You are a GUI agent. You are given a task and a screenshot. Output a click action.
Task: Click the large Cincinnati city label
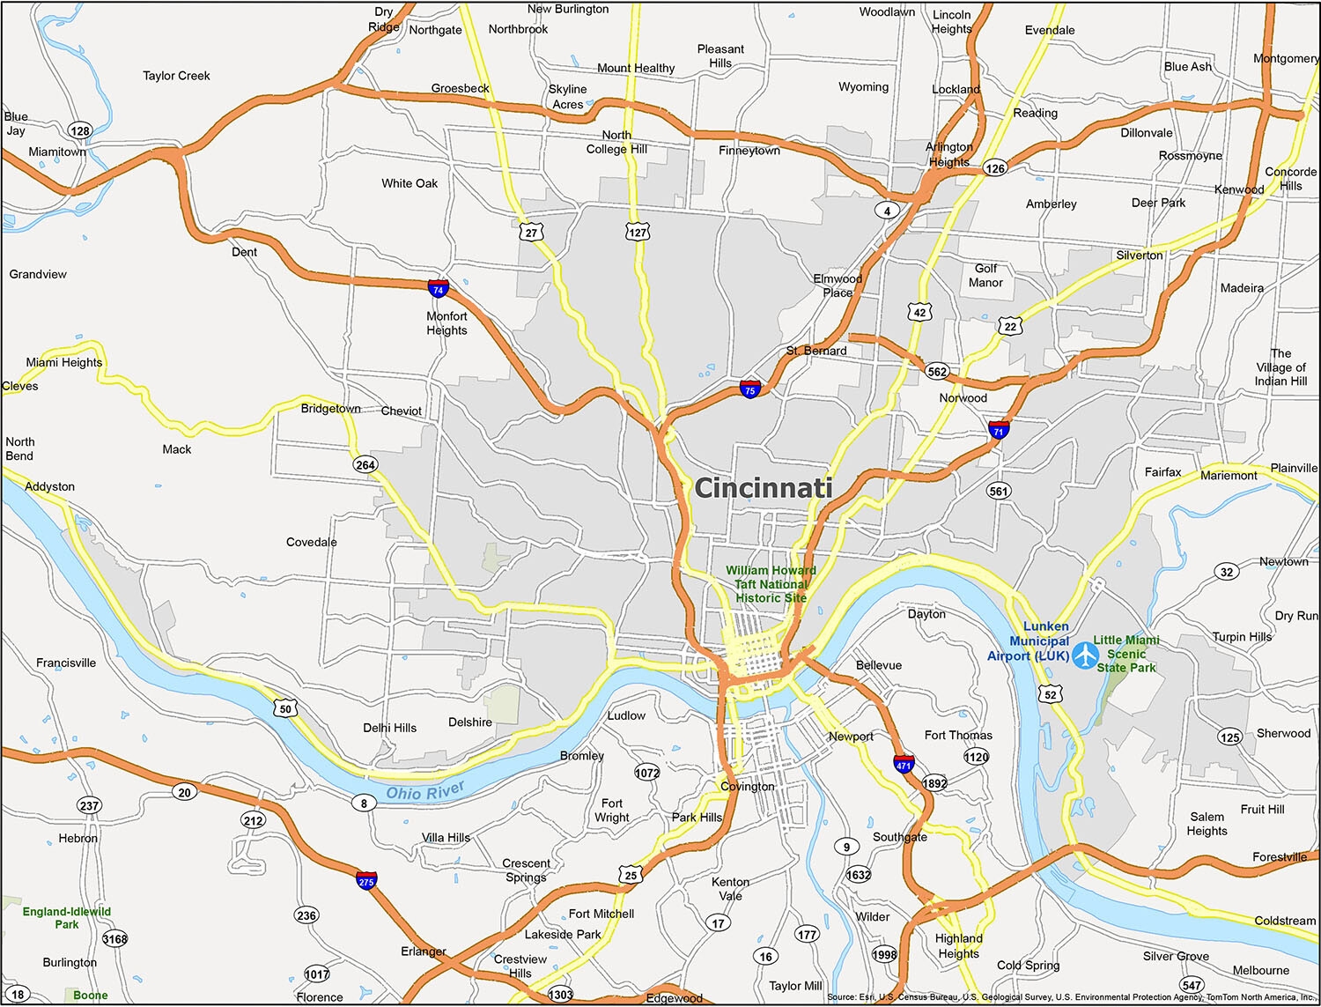click(763, 488)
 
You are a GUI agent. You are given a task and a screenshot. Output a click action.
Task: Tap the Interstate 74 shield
click(438, 288)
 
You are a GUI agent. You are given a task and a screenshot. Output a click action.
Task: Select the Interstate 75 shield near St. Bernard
click(749, 389)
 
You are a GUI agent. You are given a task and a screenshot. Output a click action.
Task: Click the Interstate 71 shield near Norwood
click(998, 430)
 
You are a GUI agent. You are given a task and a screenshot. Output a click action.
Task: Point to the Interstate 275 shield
click(366, 880)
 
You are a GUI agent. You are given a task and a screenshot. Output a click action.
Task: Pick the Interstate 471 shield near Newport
click(904, 763)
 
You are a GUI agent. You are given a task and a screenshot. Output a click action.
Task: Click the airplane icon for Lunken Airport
click(1085, 655)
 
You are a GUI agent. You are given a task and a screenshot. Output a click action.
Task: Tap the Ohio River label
click(424, 792)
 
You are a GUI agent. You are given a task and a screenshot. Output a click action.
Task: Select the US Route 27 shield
click(531, 233)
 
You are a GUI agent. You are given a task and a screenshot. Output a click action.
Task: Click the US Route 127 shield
click(638, 233)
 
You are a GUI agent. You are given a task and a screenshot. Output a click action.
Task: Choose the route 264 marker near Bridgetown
click(365, 464)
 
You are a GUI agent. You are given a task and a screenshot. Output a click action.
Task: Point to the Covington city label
click(747, 787)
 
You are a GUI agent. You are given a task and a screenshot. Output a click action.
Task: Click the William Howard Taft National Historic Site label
click(771, 584)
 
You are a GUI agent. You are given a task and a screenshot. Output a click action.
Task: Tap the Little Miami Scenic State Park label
click(1126, 654)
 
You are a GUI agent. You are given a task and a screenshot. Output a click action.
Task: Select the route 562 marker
click(937, 371)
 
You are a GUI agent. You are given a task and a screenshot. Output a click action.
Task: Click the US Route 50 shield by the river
click(284, 708)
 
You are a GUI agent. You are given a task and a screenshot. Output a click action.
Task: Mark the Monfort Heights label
click(446, 323)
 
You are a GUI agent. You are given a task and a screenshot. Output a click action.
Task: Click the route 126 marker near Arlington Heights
click(995, 168)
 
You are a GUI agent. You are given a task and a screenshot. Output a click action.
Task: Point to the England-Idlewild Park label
click(67, 918)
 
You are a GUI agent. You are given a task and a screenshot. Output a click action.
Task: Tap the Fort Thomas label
click(958, 735)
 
